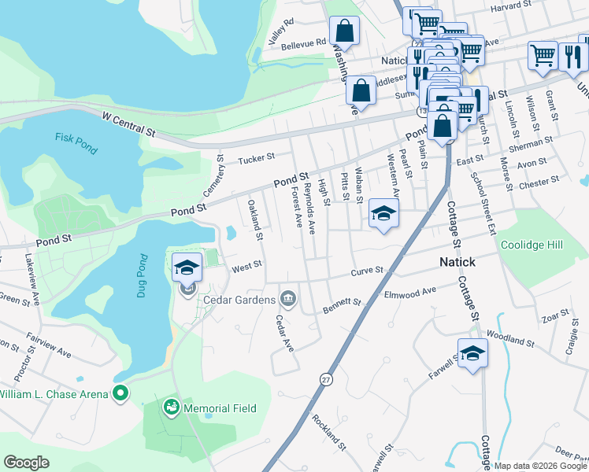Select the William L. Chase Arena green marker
tap(120, 392)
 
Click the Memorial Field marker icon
tap(170, 407)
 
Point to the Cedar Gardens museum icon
tap(288, 298)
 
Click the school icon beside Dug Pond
tap(187, 267)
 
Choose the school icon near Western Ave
tap(383, 213)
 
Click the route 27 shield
tap(326, 379)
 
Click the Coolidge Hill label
tap(532, 245)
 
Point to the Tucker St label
tap(256, 157)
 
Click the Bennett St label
tap(342, 304)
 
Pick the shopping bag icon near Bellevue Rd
tap(345, 31)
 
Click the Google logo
tap(26, 462)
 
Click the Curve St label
tap(368, 271)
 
